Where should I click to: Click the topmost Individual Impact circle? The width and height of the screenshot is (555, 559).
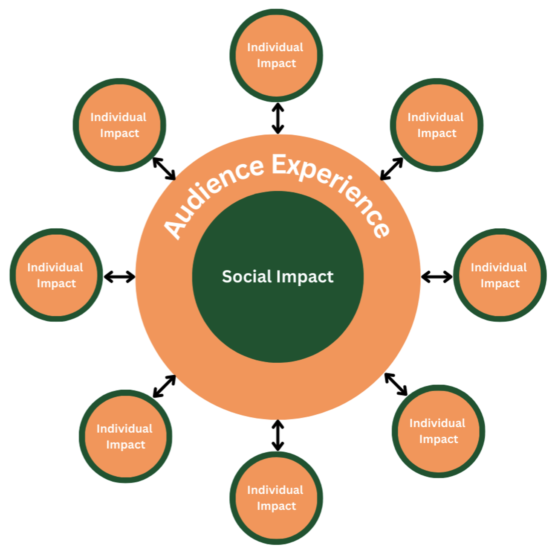[276, 55]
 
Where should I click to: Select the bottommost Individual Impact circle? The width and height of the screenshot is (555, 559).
[276, 498]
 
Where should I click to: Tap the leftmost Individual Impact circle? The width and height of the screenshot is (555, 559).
[56, 275]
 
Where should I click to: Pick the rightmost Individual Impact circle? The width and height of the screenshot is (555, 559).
[500, 275]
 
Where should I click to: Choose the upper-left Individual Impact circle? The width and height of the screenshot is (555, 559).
[119, 125]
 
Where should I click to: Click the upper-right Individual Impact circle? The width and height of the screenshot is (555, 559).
[436, 125]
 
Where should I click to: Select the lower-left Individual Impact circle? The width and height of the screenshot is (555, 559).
[125, 436]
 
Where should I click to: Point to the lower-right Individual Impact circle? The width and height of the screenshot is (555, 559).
[438, 431]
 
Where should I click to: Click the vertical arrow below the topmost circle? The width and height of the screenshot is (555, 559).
[278, 118]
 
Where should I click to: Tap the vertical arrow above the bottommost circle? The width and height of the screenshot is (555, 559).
[278, 435]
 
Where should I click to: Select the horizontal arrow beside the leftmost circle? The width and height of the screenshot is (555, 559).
[119, 277]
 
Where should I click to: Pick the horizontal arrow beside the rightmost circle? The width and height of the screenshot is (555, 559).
[436, 277]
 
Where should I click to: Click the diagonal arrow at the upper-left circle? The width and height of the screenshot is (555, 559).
[164, 169]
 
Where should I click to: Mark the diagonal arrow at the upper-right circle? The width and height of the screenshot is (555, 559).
[391, 169]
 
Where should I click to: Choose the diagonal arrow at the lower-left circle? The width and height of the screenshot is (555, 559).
[164, 386]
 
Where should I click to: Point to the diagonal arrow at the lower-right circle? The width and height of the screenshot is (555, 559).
[396, 384]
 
